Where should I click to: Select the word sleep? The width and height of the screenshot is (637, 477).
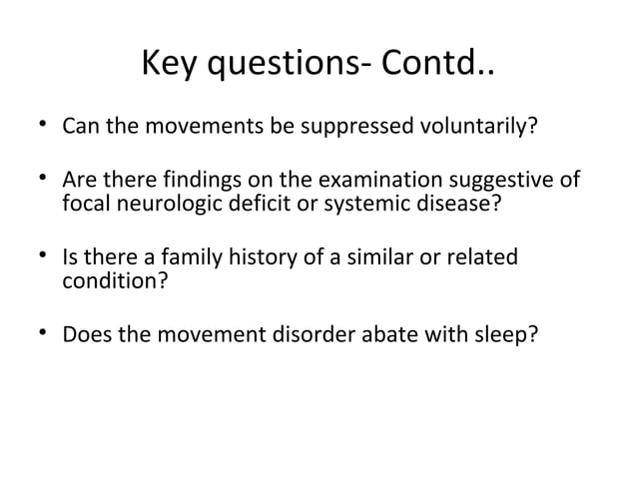coord(512,334)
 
